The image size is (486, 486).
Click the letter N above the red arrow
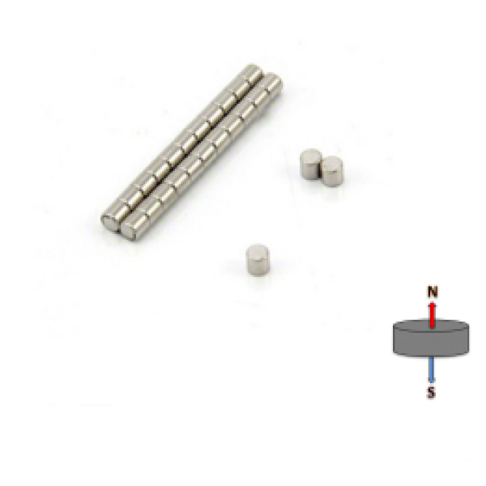coord(433,292)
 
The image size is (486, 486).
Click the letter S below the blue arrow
coord(431,392)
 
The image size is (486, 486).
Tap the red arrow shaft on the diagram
coord(432,317)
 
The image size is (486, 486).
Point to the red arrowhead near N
coord(432,305)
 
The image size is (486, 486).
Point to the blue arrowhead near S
coord(432,380)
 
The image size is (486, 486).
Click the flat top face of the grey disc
coord(431,326)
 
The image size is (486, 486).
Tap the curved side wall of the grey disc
coord(431,345)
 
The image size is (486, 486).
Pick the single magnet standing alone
coord(258,260)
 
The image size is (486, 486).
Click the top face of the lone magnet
coord(258,249)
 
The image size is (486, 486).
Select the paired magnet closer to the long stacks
coord(310,164)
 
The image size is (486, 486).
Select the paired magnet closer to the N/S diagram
coord(332,171)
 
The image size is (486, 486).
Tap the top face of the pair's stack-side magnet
coord(310,154)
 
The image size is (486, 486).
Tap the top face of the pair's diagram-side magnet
coord(332,162)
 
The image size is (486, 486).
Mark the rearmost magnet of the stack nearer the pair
coord(271,83)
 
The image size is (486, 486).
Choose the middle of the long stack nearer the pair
coord(202,156)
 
